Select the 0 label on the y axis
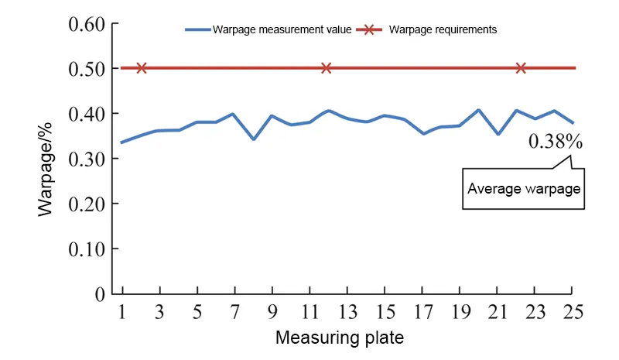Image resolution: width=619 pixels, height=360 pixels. pyautogui.click(x=100, y=294)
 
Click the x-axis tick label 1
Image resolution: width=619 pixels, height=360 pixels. pyautogui.click(x=122, y=313)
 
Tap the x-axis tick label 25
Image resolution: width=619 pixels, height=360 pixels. pyautogui.click(x=572, y=313)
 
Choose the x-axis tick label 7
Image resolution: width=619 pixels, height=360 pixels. pyautogui.click(x=234, y=313)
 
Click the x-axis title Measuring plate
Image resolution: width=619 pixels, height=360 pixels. pyautogui.click(x=339, y=338)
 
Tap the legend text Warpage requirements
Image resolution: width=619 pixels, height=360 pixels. pyautogui.click(x=443, y=29)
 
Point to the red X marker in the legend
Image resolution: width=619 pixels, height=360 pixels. pyautogui.click(x=369, y=29)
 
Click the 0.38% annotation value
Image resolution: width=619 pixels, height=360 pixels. pyautogui.click(x=555, y=142)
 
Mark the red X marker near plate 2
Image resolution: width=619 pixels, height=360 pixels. pyautogui.click(x=141, y=68)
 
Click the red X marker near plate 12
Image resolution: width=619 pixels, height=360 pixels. pyautogui.click(x=326, y=68)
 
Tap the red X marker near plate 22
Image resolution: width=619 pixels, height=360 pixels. pyautogui.click(x=521, y=68)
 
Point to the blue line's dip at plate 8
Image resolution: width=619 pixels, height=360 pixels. pyautogui.click(x=253, y=139)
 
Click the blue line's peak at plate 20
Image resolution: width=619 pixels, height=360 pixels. pyautogui.click(x=478, y=110)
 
